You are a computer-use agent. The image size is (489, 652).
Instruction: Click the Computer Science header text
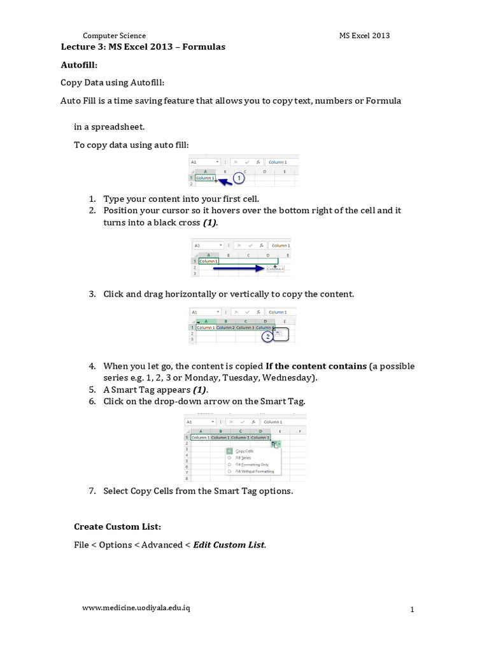[x=115, y=36]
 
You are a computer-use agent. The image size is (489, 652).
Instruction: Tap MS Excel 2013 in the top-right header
[x=364, y=36]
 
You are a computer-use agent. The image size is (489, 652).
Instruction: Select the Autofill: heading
[x=79, y=65]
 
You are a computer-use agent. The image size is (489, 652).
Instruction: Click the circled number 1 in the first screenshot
[x=239, y=179]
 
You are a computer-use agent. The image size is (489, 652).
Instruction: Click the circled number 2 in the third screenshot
[x=269, y=336]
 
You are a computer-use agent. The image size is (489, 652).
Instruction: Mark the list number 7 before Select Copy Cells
[x=92, y=491]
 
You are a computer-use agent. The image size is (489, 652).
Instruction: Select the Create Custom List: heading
[x=117, y=527]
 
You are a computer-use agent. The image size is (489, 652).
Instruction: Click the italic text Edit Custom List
[x=229, y=544]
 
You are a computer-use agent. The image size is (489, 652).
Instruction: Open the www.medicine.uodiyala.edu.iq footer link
[x=136, y=607]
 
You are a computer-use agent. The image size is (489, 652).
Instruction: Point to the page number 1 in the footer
[x=412, y=610]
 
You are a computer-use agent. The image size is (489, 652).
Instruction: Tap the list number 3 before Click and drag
[x=92, y=294]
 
